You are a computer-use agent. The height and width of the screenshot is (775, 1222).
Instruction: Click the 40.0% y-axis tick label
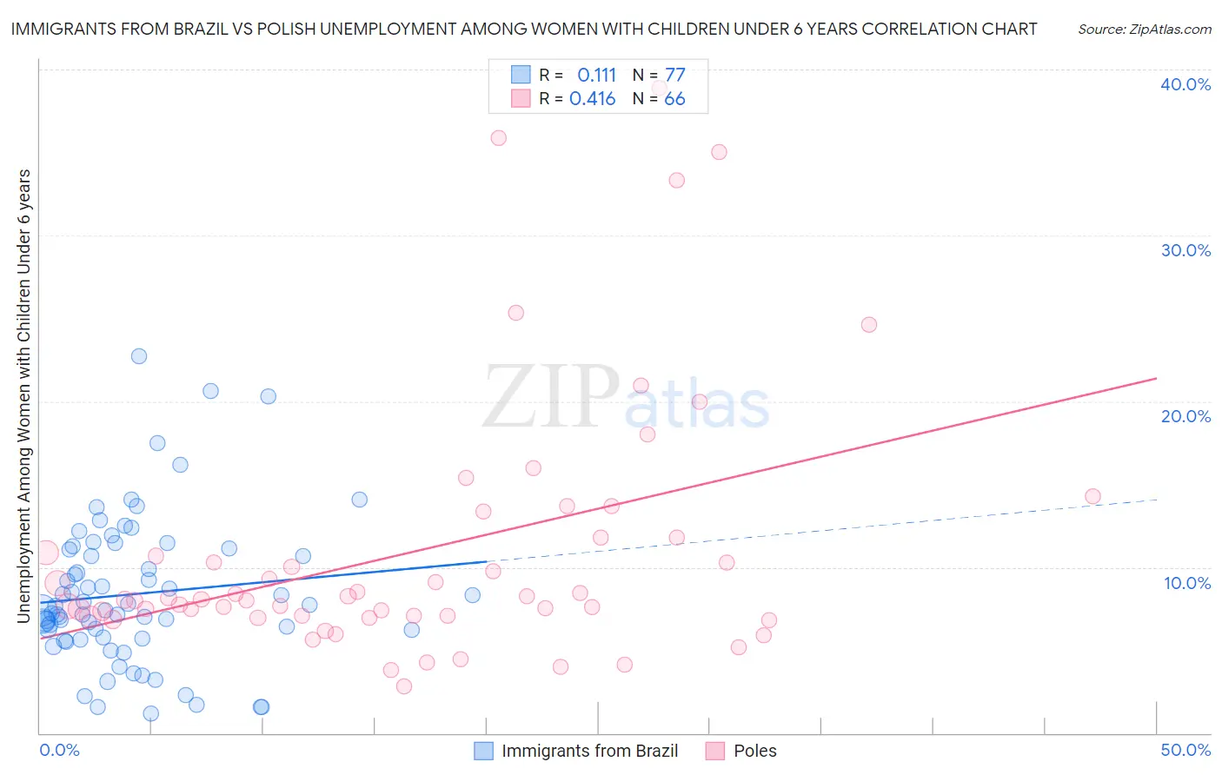[1185, 84]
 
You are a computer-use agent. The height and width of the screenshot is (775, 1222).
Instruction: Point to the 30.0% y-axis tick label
[1185, 250]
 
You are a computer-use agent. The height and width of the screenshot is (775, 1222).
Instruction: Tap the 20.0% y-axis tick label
[1185, 416]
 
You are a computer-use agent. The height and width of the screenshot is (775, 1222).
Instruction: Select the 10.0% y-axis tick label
[1186, 583]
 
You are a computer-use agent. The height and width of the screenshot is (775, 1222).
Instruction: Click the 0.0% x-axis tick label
[59, 750]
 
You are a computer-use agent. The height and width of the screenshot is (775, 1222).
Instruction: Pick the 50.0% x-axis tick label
[1185, 750]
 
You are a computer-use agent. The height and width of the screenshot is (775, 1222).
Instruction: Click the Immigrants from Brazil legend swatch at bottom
[483, 751]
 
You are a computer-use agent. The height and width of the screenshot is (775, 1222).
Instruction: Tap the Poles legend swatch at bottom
[715, 751]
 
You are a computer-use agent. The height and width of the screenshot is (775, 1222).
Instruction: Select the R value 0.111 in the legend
[596, 76]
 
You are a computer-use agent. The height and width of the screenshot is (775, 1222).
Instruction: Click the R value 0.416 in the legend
[593, 99]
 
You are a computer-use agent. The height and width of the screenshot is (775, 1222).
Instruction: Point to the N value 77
[674, 76]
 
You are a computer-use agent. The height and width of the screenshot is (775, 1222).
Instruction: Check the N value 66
[674, 99]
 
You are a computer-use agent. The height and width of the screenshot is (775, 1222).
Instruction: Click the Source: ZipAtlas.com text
[1144, 30]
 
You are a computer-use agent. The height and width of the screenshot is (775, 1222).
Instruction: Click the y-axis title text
[24, 396]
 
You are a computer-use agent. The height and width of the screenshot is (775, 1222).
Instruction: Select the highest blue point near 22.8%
[139, 356]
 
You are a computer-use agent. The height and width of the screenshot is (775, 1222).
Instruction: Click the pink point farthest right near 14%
[1092, 497]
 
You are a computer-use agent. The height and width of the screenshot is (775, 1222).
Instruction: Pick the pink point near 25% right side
[869, 325]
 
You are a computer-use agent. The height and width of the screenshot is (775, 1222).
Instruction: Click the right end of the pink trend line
[1156, 379]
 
